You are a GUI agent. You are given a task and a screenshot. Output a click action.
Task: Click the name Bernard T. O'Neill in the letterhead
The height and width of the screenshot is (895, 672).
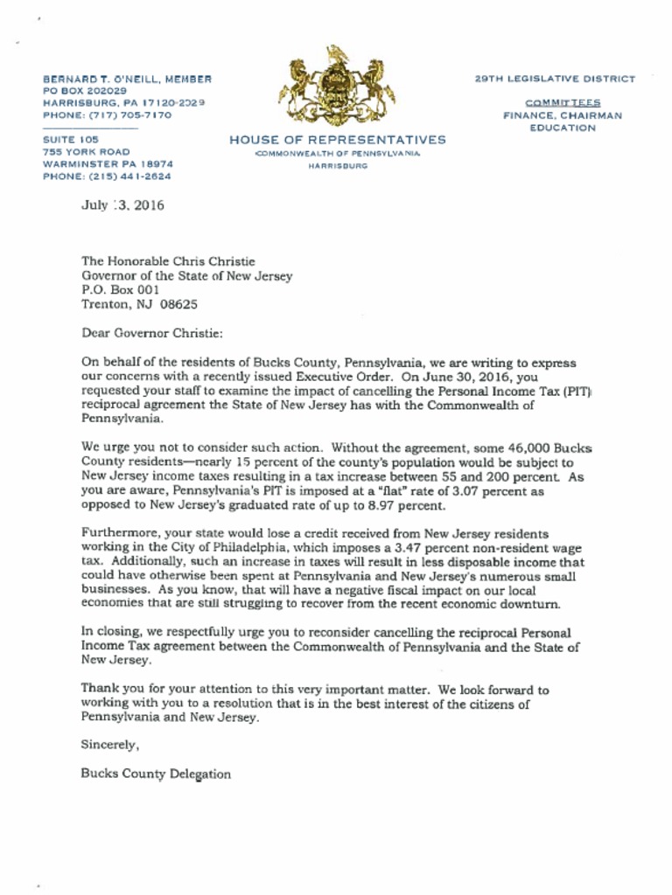click(95, 79)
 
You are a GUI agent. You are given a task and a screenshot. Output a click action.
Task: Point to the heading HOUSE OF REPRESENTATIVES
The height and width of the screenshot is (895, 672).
click(337, 139)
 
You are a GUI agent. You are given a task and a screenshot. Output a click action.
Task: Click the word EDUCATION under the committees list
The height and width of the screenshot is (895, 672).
click(563, 128)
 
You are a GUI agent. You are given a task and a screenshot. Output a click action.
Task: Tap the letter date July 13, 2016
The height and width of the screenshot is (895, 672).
click(122, 206)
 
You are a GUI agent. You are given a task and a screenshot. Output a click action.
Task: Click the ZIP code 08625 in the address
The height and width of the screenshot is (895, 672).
click(178, 304)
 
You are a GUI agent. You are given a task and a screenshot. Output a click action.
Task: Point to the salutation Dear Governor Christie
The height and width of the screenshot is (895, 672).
click(152, 333)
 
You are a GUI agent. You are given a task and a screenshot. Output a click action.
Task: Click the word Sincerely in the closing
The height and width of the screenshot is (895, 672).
click(110, 745)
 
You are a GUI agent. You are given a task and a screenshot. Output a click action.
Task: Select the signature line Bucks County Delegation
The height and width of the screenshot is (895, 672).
click(156, 774)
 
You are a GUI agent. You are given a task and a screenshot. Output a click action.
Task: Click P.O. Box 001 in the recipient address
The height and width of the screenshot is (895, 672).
click(121, 289)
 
